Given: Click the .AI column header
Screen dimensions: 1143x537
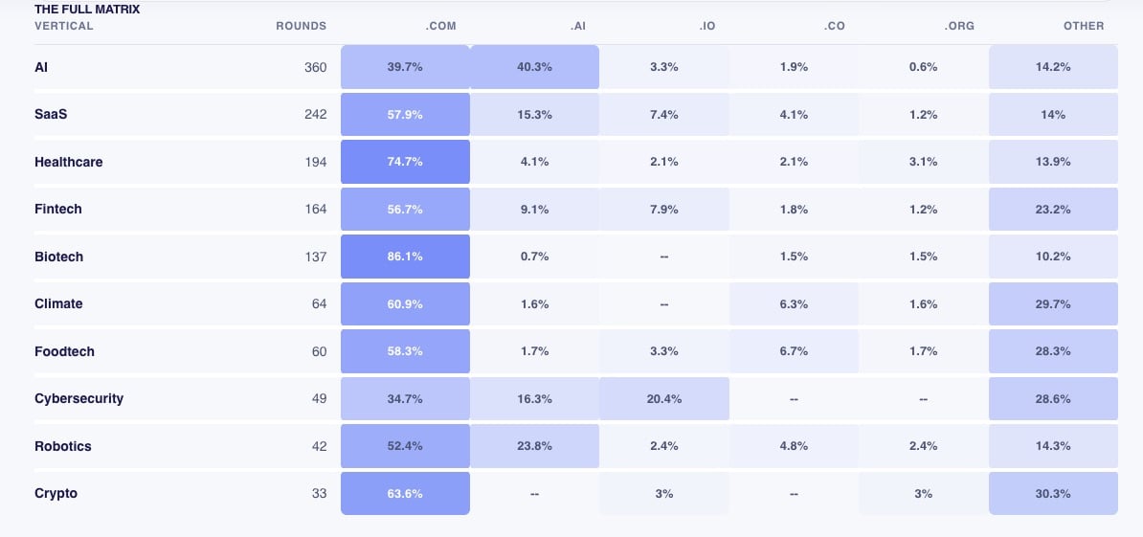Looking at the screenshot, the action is click(577, 26).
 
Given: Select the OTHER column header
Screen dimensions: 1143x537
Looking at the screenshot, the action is click(1084, 26).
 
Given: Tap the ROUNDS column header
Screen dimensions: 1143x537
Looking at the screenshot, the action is click(301, 26).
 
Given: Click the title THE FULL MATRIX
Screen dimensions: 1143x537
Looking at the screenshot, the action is click(87, 10).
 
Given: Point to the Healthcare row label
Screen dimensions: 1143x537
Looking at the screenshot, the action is click(69, 162).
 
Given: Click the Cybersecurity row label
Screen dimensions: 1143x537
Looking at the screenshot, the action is click(78, 398).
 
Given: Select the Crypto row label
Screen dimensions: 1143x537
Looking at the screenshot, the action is click(56, 493).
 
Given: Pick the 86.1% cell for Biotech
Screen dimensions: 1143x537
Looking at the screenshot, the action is click(405, 257).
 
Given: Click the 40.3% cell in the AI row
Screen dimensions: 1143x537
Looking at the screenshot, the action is click(535, 67).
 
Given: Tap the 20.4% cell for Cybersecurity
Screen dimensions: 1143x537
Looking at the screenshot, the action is click(664, 398).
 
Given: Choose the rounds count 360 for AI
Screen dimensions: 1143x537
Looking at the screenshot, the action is click(316, 67).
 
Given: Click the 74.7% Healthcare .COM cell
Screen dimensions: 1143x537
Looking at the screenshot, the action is click(405, 162).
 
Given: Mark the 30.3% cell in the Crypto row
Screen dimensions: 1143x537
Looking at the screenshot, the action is click(1053, 493).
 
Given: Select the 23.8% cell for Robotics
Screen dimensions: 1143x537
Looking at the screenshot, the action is click(535, 446).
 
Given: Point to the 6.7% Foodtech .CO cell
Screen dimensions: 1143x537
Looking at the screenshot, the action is click(794, 351).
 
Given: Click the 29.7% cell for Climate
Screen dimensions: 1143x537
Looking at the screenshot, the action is click(1053, 303).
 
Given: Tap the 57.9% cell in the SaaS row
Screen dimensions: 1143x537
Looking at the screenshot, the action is click(405, 115).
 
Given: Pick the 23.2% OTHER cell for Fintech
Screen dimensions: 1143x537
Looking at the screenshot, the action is click(1053, 209).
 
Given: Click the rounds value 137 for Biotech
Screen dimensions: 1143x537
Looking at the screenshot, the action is click(316, 257).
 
